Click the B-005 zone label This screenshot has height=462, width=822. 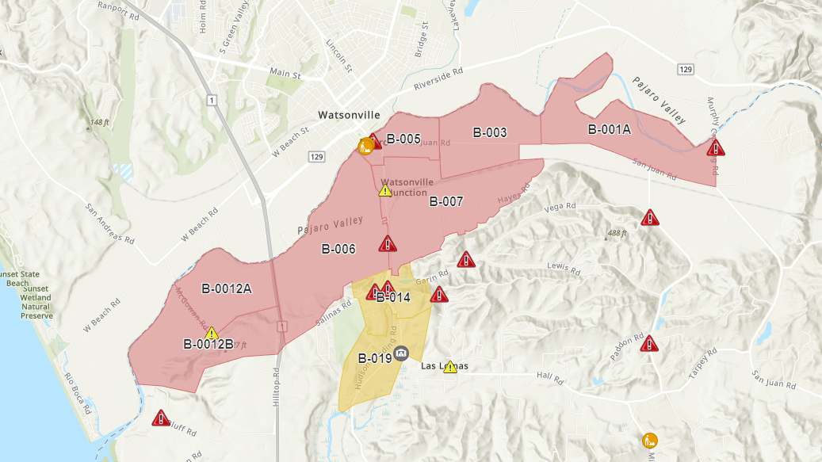[403, 139]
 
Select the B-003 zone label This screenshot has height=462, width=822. [490, 132]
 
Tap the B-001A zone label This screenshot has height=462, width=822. [609, 129]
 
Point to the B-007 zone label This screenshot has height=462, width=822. [446, 201]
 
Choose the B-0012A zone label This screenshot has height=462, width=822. [227, 288]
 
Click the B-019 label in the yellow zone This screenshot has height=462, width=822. [375, 358]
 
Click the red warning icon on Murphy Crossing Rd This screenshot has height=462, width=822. [716, 148]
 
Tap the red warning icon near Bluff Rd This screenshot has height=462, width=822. [161, 418]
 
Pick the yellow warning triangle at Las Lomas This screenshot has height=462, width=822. [450, 367]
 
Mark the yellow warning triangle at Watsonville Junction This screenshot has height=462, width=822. [385, 190]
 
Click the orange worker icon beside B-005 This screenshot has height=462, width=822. [365, 146]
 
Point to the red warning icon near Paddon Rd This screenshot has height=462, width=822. [649, 343]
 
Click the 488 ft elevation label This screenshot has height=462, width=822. [617, 234]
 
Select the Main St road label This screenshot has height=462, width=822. [285, 74]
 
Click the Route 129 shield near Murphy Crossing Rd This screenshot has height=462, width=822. [686, 71]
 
